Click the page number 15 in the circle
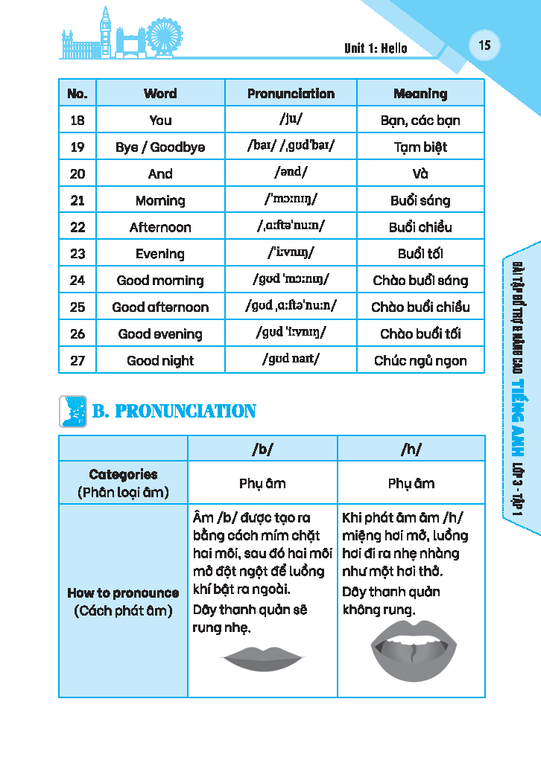(484, 45)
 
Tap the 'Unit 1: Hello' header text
(376, 48)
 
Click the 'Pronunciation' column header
(291, 94)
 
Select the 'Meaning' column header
(420, 94)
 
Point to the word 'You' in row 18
(160, 121)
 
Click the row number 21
(77, 200)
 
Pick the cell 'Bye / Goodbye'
(160, 147)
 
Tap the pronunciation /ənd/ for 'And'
(291, 173)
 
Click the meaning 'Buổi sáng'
(420, 200)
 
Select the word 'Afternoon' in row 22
(160, 227)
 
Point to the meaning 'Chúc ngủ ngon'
(420, 361)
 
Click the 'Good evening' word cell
(160, 334)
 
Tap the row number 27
(77, 361)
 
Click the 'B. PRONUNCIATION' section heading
(174, 412)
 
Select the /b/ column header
(262, 449)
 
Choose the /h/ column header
(411, 449)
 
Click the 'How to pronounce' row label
(123, 593)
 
